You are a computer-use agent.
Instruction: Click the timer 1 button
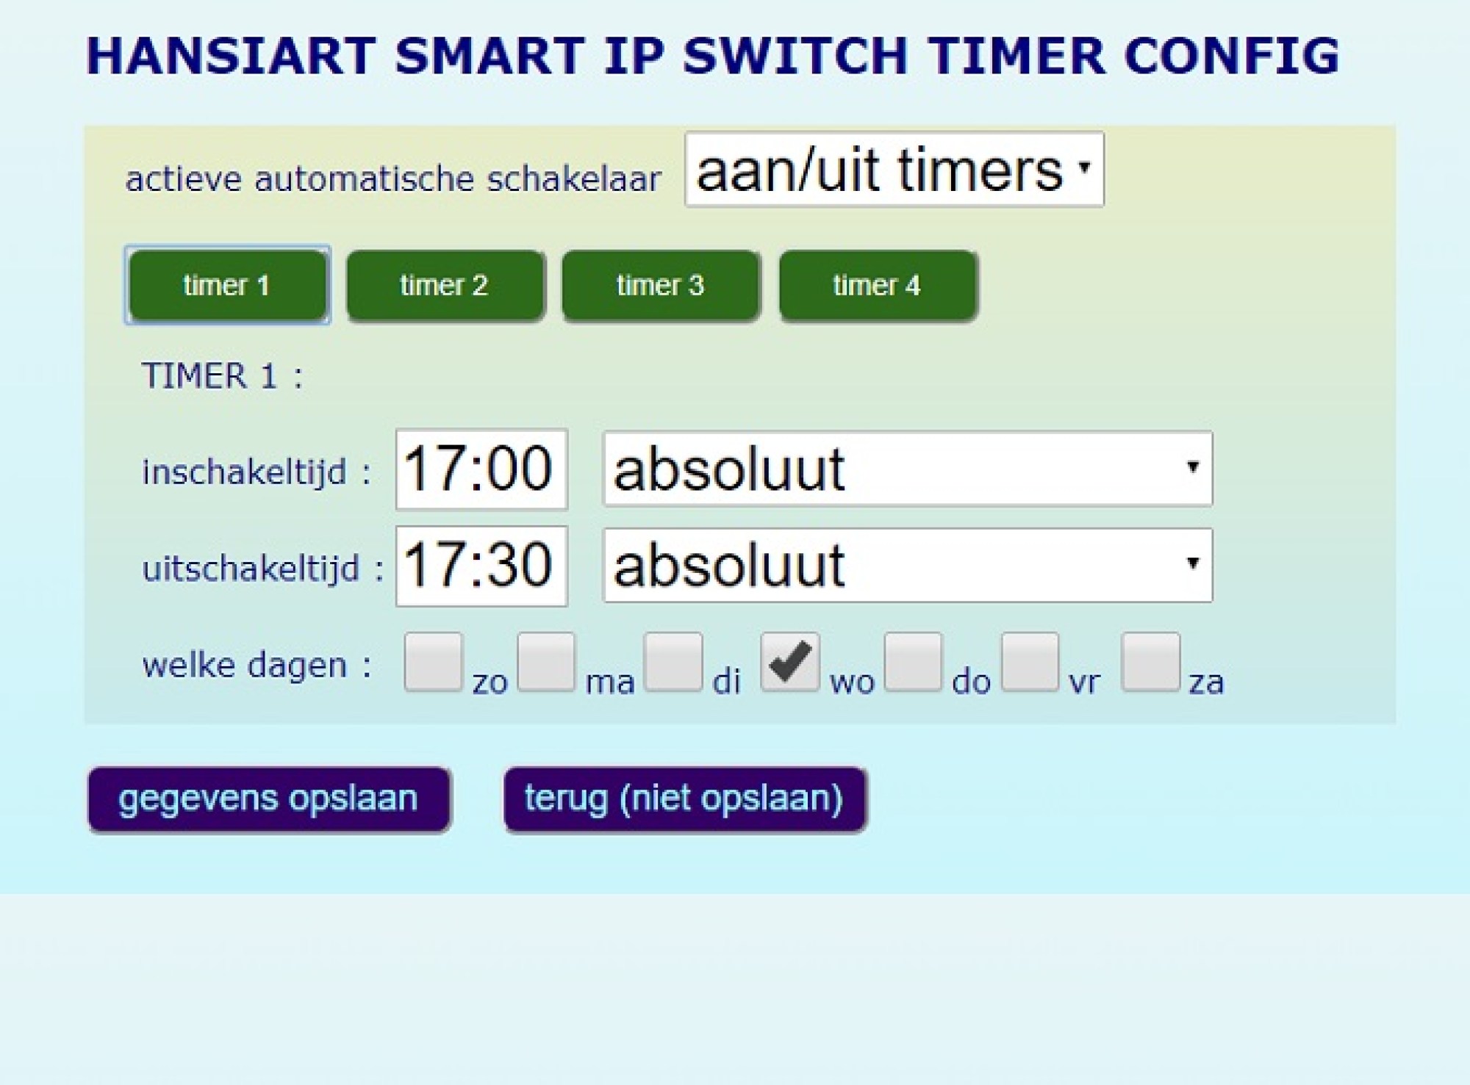click(x=227, y=285)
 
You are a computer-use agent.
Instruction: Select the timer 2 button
click(x=445, y=286)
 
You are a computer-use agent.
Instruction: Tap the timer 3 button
click(x=661, y=286)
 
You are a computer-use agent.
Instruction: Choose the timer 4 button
click(x=878, y=286)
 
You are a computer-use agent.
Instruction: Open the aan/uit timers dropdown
click(x=894, y=170)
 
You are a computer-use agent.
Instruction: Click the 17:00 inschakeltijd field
click(x=481, y=469)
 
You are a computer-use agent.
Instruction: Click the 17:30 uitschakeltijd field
click(x=481, y=566)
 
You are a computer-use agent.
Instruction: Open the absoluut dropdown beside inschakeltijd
click(x=908, y=469)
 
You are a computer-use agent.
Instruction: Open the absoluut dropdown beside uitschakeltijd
click(x=908, y=565)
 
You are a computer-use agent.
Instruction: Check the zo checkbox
click(x=434, y=662)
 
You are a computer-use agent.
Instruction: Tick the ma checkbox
click(x=546, y=662)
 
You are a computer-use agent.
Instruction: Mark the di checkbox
click(x=673, y=662)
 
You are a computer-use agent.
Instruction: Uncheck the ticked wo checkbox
click(x=790, y=662)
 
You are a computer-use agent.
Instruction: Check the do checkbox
click(x=914, y=662)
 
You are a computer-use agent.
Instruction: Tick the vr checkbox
click(x=1030, y=662)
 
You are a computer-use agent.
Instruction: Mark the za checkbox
click(x=1151, y=662)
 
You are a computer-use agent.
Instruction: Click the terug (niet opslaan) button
click(x=685, y=799)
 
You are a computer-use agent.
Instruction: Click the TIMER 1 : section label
click(x=222, y=376)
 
